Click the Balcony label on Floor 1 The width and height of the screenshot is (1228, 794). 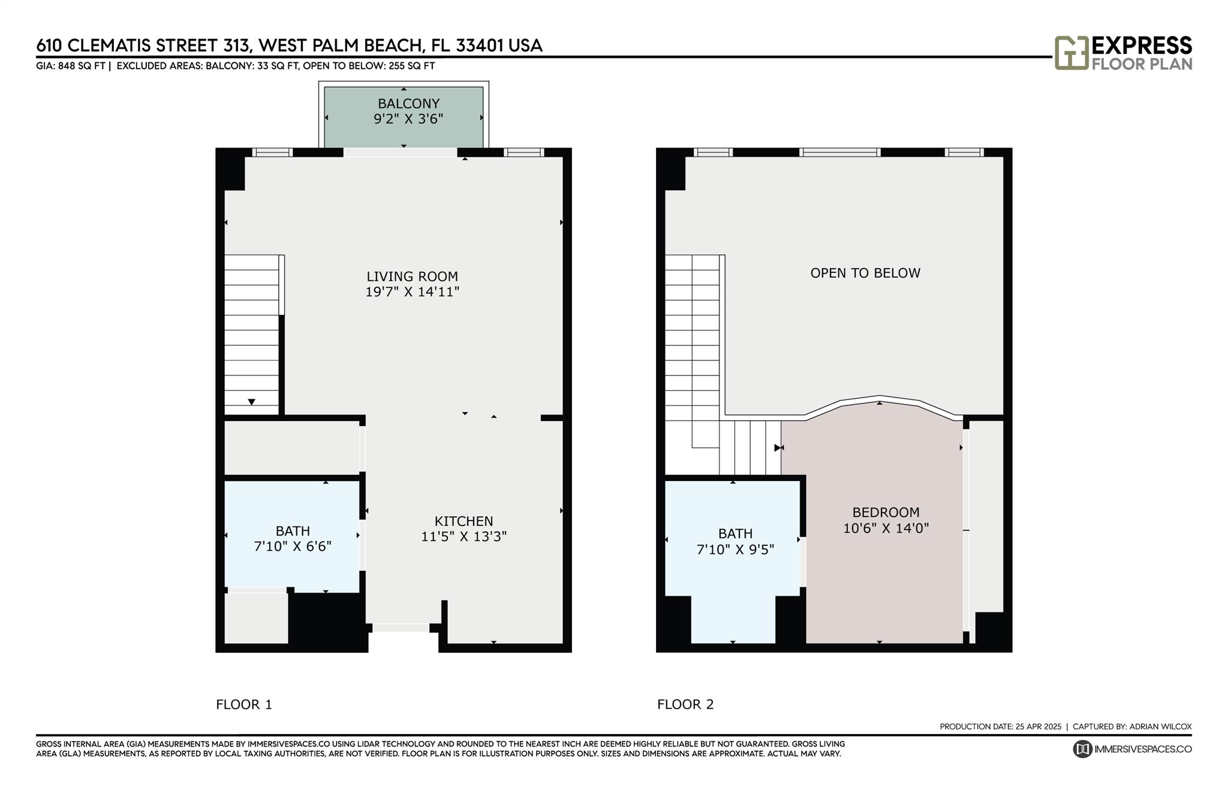tap(408, 104)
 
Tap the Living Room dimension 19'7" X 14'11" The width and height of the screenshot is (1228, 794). tap(413, 292)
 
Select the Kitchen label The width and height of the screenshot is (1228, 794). tap(464, 521)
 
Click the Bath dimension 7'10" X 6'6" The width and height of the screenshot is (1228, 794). tap(293, 546)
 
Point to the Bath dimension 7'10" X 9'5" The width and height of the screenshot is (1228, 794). tap(736, 549)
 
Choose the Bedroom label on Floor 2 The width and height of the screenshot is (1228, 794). tap(886, 513)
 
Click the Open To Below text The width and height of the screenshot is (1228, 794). tap(865, 273)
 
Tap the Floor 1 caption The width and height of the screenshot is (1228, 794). tap(244, 705)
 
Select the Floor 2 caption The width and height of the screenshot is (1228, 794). tap(685, 705)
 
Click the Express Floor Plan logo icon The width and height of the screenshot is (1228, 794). tap(1072, 53)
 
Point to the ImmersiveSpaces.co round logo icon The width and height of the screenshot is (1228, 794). tap(1082, 749)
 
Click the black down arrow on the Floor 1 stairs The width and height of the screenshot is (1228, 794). tap(252, 402)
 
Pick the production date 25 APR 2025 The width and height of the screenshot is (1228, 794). tap(1039, 727)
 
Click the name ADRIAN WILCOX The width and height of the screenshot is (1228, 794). tap(1160, 727)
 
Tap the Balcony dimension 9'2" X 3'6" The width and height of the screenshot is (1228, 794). tap(408, 119)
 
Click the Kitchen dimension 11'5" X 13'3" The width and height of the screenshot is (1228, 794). tap(464, 537)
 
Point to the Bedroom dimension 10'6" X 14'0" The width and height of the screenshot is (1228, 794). tap(886, 528)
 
